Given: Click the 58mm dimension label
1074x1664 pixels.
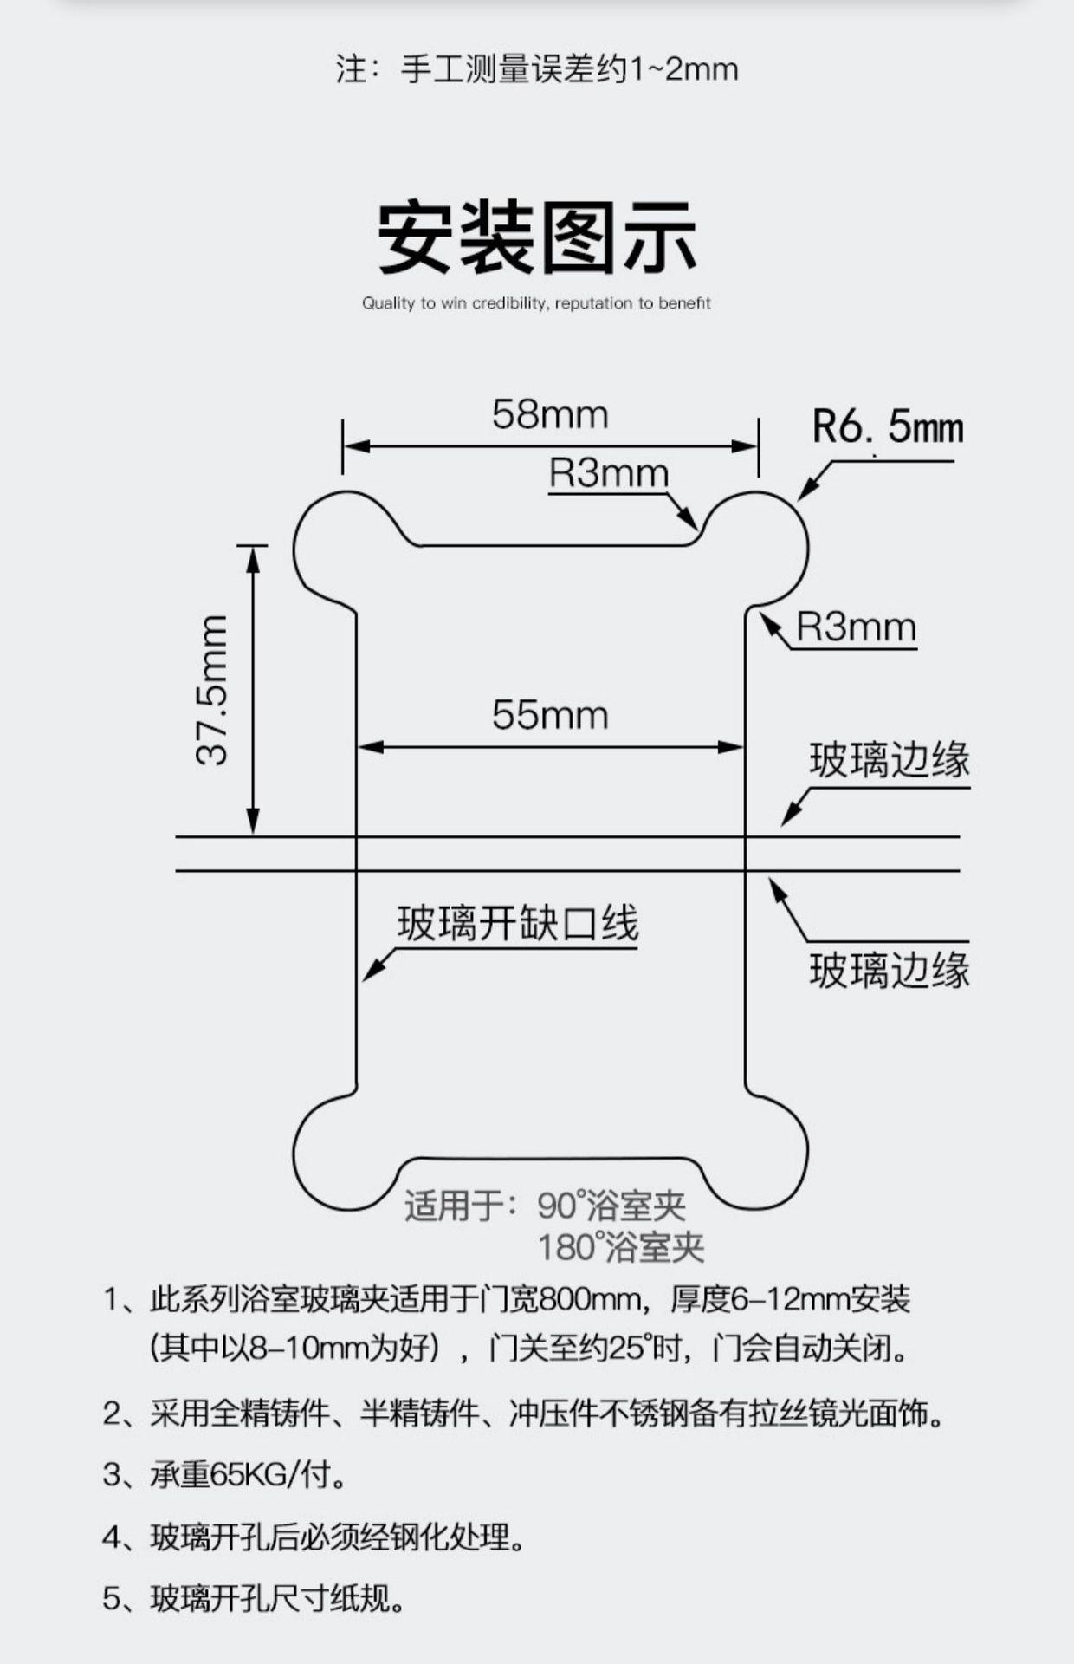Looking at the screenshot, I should coord(550,415).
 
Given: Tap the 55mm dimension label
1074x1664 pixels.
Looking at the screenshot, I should coord(550,716).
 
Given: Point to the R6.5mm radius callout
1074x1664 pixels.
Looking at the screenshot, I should coord(887,427).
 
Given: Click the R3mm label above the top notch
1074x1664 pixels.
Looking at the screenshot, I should coord(609,474).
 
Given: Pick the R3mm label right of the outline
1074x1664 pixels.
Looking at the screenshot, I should coord(856,627).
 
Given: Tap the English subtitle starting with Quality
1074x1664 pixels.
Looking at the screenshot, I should coord(536,303).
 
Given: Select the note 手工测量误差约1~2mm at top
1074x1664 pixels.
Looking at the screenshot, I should coord(537,69).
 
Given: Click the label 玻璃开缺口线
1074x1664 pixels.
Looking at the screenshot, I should coord(518,924).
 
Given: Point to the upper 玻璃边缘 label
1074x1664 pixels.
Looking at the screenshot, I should coord(890,761).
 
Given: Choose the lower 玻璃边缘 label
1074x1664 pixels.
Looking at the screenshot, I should coord(890,970).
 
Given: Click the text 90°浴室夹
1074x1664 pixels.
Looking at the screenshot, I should coord(611,1206).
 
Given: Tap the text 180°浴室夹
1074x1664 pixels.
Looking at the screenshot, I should coord(621,1248).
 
